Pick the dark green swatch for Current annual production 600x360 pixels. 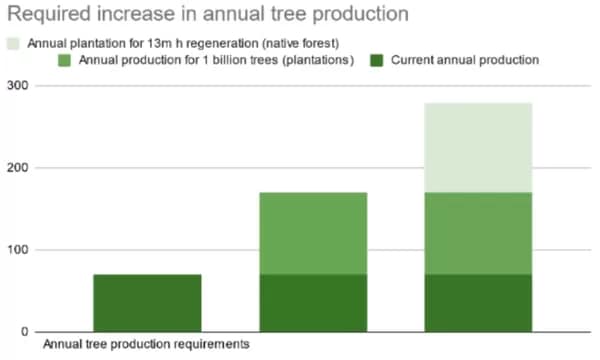click(x=375, y=61)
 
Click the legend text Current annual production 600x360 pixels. click(x=464, y=61)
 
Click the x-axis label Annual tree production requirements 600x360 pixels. click(x=145, y=345)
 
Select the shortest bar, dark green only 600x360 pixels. click(x=147, y=302)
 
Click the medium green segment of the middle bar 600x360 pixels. click(x=313, y=233)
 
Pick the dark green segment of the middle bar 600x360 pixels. click(x=313, y=302)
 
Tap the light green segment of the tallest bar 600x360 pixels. click(x=478, y=147)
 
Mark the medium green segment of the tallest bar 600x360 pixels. click(x=478, y=233)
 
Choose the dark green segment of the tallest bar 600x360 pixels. click(x=478, y=302)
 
